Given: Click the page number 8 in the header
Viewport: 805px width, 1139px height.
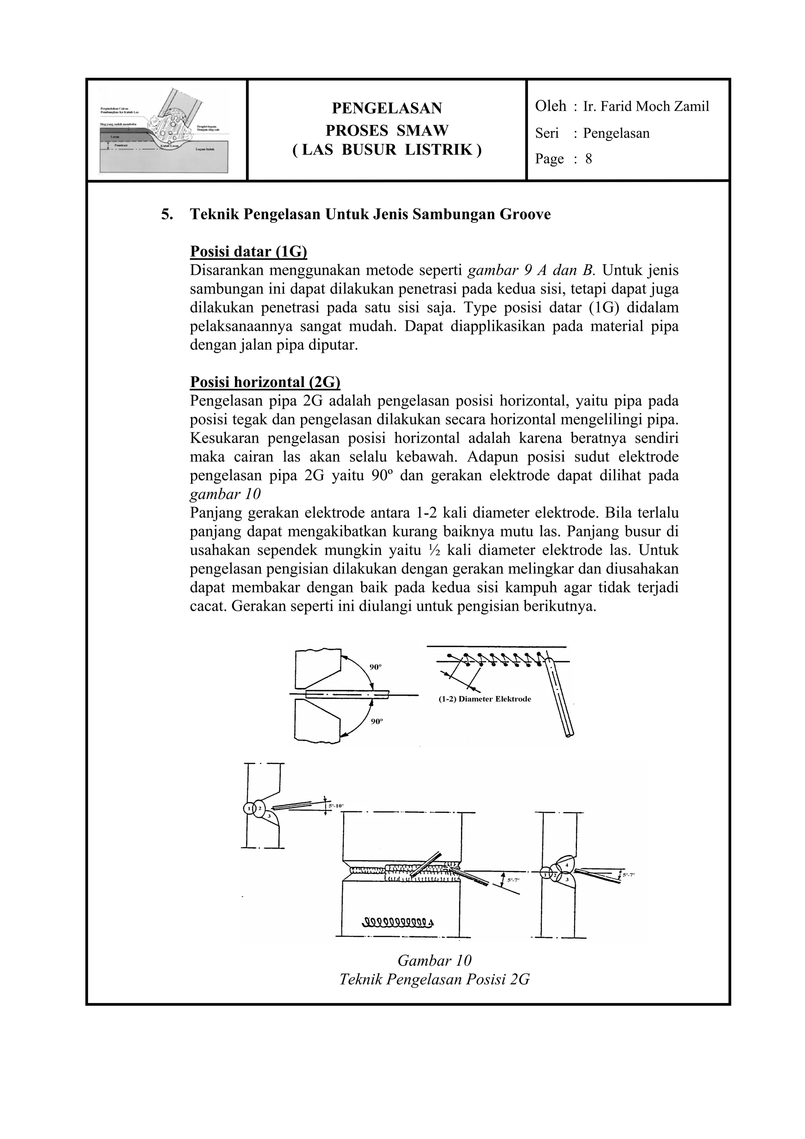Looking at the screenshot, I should (x=588, y=159).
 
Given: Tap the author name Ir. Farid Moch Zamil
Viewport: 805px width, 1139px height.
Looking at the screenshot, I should (x=646, y=106).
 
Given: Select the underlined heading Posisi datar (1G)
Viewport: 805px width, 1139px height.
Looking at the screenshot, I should (x=248, y=252).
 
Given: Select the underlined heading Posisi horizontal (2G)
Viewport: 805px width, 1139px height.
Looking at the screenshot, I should (x=265, y=382).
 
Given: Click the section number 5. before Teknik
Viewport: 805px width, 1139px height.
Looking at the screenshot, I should (x=167, y=215).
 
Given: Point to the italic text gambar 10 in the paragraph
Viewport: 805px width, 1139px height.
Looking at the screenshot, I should (x=225, y=494).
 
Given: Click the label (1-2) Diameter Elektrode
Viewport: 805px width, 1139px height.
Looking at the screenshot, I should (x=485, y=699).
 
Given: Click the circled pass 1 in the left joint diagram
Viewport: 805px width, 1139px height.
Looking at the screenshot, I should (x=248, y=808).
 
